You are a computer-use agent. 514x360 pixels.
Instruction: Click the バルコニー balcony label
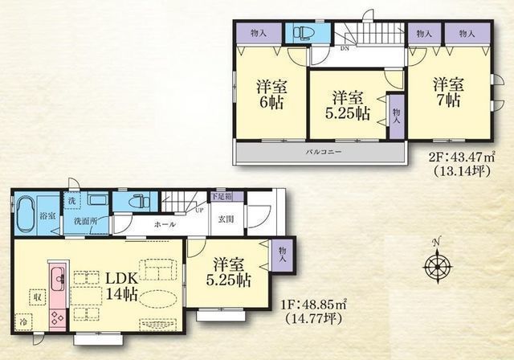[324, 151]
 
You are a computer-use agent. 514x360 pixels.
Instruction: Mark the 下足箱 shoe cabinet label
[222, 196]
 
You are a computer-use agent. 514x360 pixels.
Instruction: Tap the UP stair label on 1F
[199, 210]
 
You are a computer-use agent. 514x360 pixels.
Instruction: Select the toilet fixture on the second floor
[303, 34]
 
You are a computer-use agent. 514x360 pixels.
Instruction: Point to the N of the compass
[436, 242]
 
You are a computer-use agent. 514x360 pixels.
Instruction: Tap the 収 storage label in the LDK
[36, 296]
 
